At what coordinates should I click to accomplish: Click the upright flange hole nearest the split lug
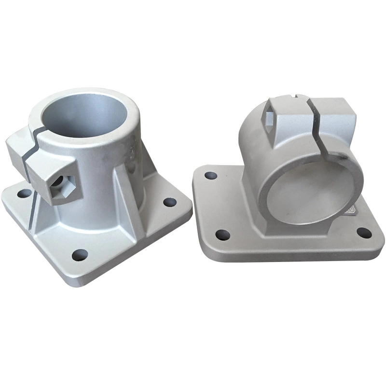[23, 194]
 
